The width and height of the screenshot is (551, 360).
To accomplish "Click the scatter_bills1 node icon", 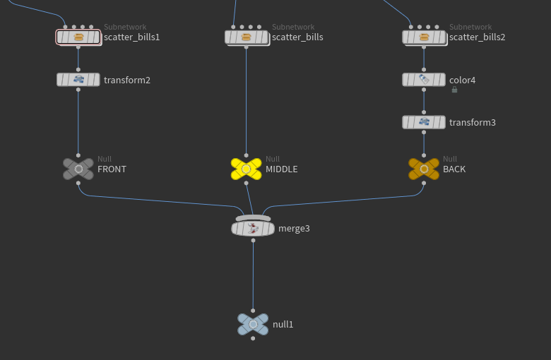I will point(79,37).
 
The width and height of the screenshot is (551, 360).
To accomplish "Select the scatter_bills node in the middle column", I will point(247,37).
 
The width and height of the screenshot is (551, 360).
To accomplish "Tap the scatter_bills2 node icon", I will point(424,37).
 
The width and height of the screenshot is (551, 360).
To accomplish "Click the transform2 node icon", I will point(78,80).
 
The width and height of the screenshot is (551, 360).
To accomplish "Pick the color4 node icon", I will point(424,80).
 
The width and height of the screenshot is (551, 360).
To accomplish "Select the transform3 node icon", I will point(424,122).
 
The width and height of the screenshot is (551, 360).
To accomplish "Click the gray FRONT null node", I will point(78,169).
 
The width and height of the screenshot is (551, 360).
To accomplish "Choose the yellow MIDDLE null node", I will point(247,169).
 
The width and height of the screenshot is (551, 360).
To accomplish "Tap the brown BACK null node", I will point(424,169).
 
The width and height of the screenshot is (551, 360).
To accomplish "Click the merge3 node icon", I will point(253,227).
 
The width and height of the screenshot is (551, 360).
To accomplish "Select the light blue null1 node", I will point(253,325).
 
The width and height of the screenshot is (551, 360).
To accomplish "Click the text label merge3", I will point(294,229).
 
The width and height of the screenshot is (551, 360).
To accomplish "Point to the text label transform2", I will point(127,80).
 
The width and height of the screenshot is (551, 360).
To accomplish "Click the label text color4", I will point(463,80).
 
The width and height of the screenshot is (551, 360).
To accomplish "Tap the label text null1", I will point(283,325).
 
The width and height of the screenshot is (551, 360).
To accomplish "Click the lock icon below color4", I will point(454,90).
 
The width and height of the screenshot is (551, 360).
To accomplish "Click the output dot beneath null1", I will point(253,339).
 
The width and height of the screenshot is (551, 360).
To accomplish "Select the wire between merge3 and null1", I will point(253,275).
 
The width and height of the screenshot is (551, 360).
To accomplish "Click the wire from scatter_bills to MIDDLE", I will point(247,99).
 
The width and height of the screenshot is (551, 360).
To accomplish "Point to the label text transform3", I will point(473,123).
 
